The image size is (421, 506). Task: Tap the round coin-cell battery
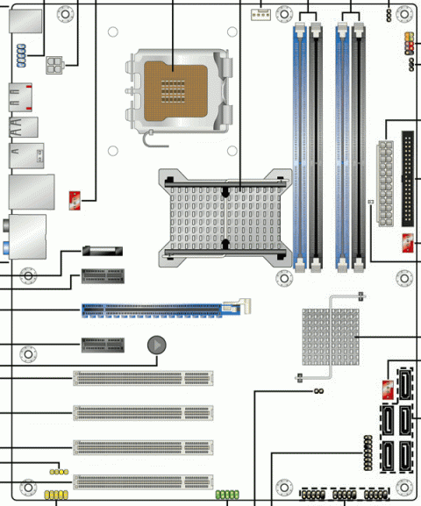[155, 346]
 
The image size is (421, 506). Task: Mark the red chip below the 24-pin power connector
[408, 244]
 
